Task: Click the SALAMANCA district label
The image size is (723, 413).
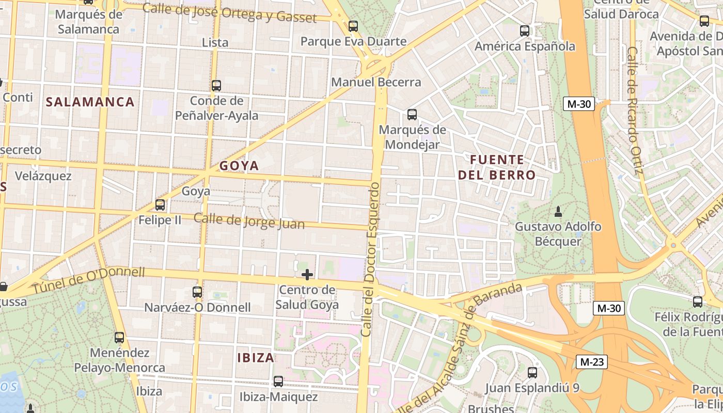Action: tap(90, 102)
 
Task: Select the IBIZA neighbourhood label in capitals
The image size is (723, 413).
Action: tap(256, 357)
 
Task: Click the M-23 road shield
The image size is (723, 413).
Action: tap(591, 362)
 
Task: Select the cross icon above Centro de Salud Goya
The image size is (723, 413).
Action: tap(307, 274)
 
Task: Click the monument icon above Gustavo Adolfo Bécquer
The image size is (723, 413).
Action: tap(558, 211)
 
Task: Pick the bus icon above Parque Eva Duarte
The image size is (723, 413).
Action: tap(353, 26)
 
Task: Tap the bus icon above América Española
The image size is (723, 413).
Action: tap(525, 31)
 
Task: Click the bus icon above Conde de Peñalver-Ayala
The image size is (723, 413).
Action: tap(216, 85)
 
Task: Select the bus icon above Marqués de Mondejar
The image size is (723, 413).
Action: tap(412, 114)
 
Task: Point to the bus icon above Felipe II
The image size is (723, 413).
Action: tap(160, 205)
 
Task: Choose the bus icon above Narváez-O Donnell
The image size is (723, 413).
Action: tap(197, 292)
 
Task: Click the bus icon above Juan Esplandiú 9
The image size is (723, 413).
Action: tap(532, 372)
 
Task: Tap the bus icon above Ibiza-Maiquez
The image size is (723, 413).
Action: tap(278, 382)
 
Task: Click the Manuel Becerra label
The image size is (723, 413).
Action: tap(376, 82)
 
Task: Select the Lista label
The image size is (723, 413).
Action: tap(215, 42)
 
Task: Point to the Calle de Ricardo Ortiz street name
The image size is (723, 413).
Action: tap(634, 111)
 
